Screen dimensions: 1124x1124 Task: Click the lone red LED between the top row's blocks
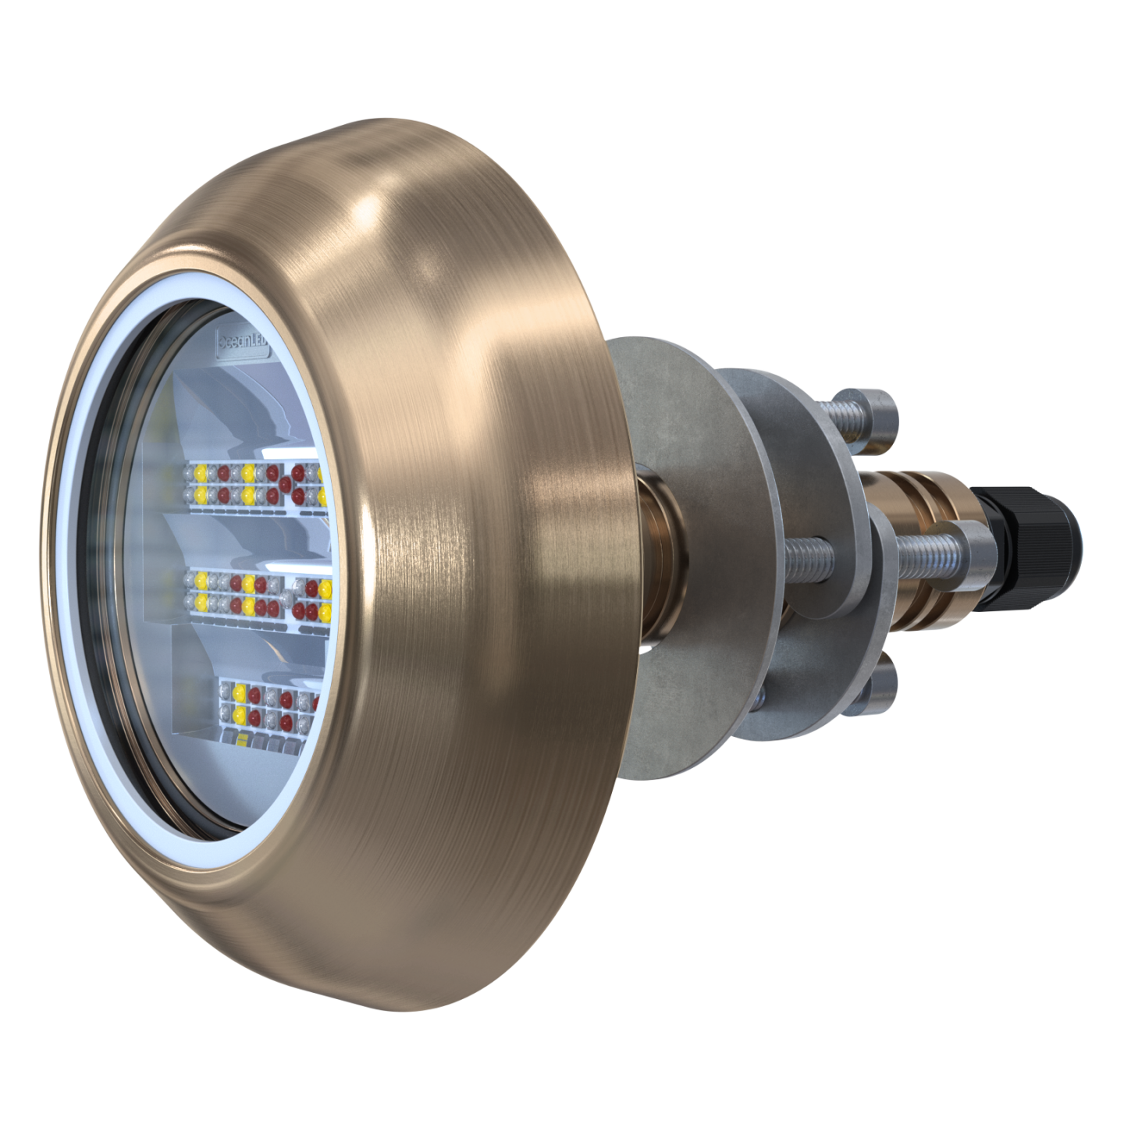coord(286,485)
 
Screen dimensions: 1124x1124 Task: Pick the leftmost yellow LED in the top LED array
coord(200,472)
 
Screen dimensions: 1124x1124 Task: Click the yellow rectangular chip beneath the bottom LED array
coord(243,738)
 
